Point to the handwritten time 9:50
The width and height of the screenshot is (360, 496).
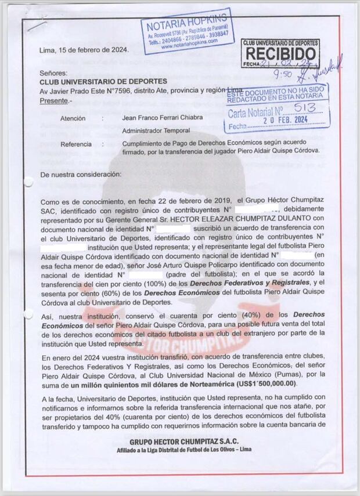pos(283,74)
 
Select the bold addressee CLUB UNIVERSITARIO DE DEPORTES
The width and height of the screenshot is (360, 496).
pos(103,82)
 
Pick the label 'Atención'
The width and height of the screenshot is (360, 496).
pos(73,118)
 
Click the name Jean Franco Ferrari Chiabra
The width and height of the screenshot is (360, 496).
pos(163,118)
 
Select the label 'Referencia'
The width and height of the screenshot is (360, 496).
pos(75,144)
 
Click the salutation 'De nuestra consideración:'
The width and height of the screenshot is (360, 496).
pos(81,174)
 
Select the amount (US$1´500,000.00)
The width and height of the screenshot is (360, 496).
pos(256,383)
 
